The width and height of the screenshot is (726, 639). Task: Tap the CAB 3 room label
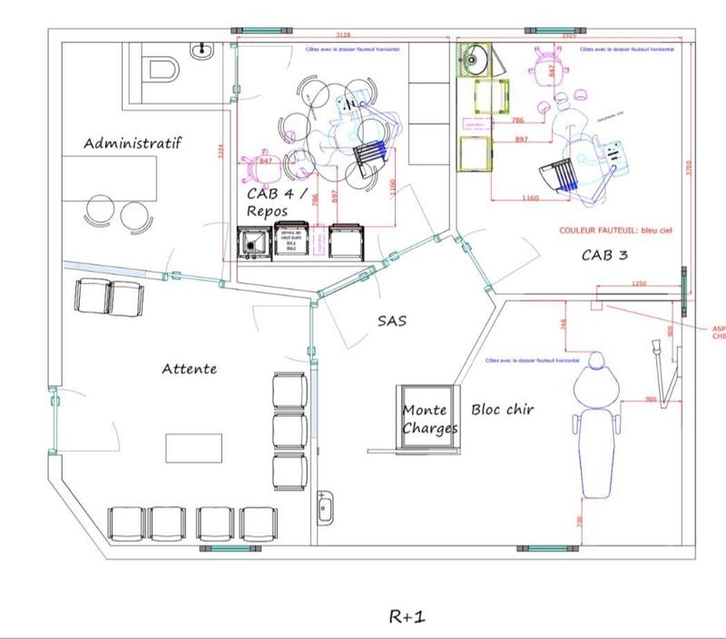(x=604, y=255)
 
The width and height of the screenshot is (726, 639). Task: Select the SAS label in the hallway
(x=392, y=320)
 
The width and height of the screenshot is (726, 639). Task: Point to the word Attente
(x=189, y=369)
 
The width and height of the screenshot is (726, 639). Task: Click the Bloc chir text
(x=502, y=409)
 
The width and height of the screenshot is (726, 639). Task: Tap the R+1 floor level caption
(x=407, y=616)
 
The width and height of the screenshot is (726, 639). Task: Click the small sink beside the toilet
(x=200, y=49)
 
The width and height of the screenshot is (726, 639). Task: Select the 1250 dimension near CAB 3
(x=639, y=284)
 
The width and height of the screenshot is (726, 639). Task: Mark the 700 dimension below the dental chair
(x=578, y=523)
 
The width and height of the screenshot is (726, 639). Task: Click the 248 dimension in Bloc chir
(x=564, y=324)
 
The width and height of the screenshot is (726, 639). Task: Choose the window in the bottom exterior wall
(x=544, y=548)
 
